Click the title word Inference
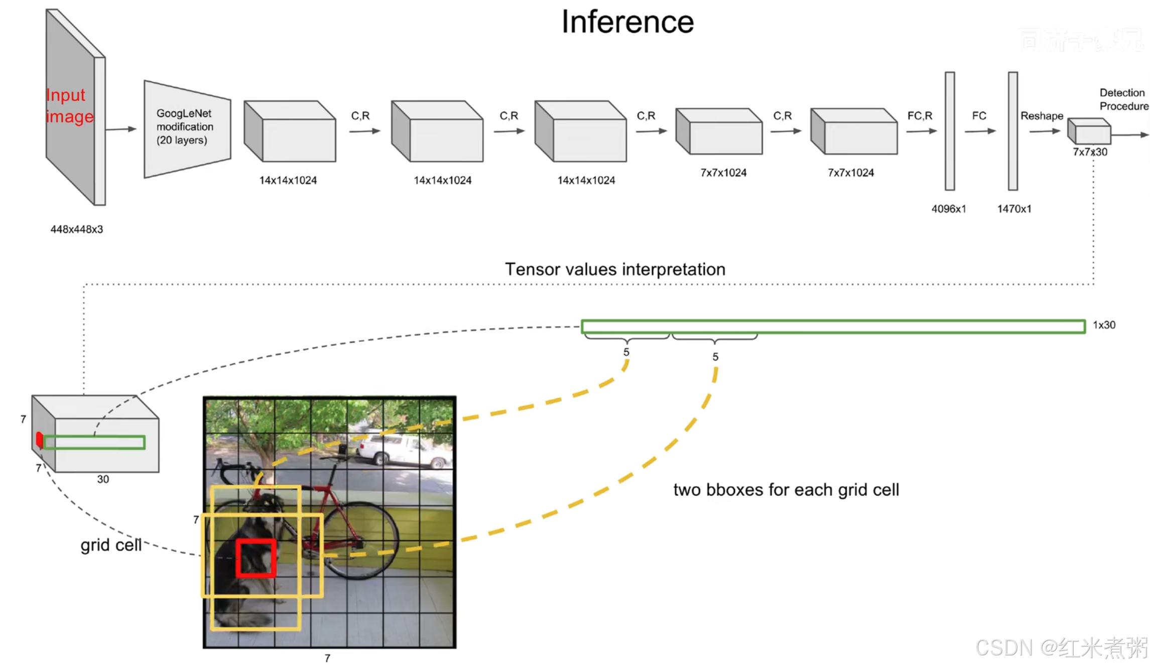click(x=627, y=22)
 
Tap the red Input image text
click(x=69, y=105)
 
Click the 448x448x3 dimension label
click(x=76, y=229)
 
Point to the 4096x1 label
click(x=948, y=209)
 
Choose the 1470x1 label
click(x=1014, y=209)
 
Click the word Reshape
click(x=1042, y=116)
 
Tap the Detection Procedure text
click(x=1123, y=99)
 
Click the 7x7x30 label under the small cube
click(x=1090, y=152)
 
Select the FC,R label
click(x=920, y=116)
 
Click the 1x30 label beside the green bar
click(x=1104, y=325)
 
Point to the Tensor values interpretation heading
click(x=615, y=270)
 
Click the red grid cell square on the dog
click(x=256, y=558)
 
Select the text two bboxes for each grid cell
click(x=786, y=490)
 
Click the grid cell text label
click(x=111, y=545)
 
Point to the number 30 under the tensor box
click(x=103, y=479)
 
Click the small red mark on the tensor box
click(x=39, y=440)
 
